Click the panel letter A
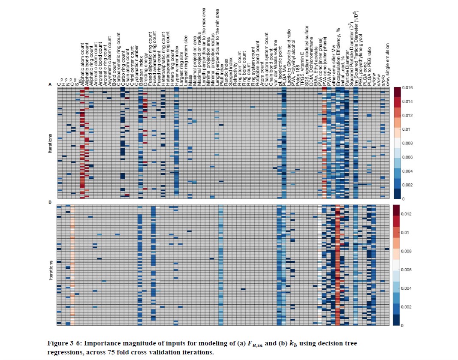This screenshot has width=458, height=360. point(50,85)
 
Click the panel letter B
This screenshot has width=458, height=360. point(50,201)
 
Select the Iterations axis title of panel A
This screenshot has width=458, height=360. point(51,144)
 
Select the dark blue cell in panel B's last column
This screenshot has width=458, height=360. point(387,249)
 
